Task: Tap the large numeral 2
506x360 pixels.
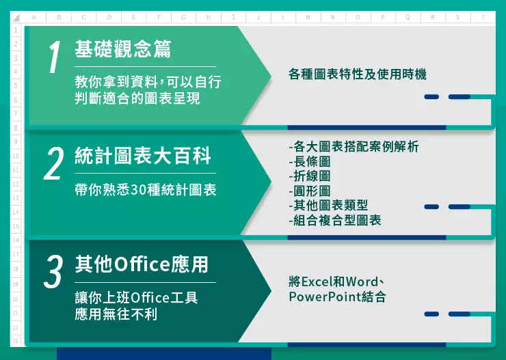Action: click(x=53, y=163)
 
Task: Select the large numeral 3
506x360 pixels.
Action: click(x=53, y=271)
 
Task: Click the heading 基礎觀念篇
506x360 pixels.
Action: click(x=123, y=49)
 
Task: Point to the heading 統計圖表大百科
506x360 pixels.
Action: click(x=143, y=156)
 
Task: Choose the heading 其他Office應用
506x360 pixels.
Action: click(x=142, y=264)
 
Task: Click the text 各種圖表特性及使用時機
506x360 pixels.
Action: click(x=358, y=74)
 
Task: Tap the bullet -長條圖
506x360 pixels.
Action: click(x=310, y=161)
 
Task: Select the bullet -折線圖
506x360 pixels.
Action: click(x=310, y=176)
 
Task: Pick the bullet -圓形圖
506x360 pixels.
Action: click(x=310, y=191)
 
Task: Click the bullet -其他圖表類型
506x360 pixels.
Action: click(x=328, y=206)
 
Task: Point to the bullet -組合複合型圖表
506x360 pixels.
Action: click(x=335, y=220)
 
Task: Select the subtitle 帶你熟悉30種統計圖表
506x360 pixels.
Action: click(x=145, y=190)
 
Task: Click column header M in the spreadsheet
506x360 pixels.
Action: click(x=308, y=17)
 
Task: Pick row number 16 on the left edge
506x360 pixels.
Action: click(x=16, y=240)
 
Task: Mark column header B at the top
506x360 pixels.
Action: click(x=59, y=17)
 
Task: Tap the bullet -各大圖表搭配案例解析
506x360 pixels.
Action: click(x=354, y=147)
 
